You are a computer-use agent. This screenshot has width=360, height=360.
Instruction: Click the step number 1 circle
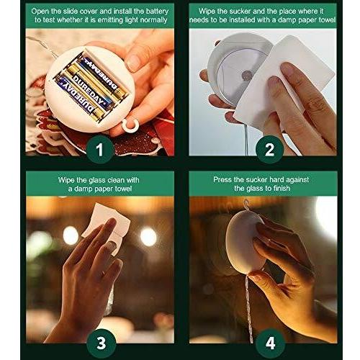(x=99, y=149)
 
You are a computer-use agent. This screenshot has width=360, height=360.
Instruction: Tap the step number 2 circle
(x=269, y=149)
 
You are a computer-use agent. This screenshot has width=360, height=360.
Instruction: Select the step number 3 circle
(x=102, y=343)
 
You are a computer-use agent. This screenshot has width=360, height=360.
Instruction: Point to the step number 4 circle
(x=270, y=343)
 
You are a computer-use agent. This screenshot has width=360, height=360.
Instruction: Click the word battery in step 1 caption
(x=156, y=12)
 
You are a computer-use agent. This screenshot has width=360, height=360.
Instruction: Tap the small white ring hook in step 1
(x=130, y=125)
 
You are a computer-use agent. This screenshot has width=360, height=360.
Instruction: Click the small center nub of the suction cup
(x=247, y=76)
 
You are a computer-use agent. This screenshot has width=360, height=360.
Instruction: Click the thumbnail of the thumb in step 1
(x=133, y=63)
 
